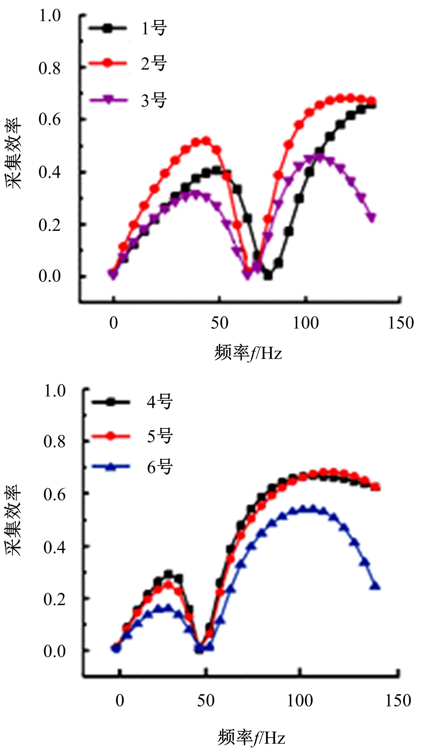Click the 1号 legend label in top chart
tap(154, 29)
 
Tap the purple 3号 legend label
tap(154, 100)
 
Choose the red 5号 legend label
tap(160, 436)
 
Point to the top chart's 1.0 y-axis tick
tap(50, 16)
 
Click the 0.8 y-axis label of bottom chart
tap(54, 442)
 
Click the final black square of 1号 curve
tap(372, 105)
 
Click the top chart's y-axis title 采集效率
tap(13, 153)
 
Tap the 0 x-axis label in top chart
tap(114, 323)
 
